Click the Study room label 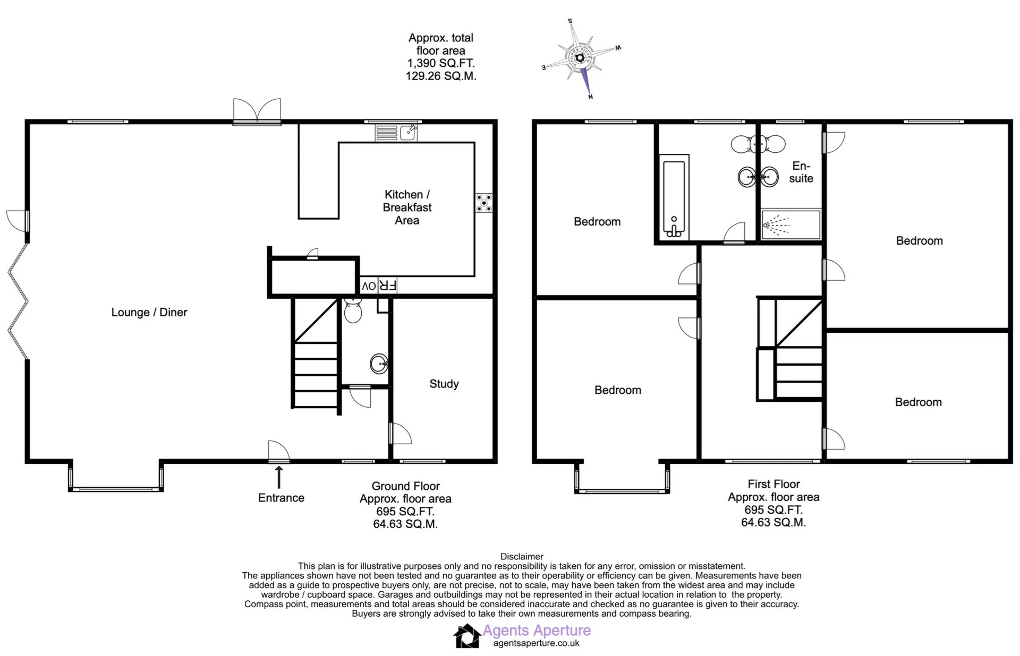point(444,384)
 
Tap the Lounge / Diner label point(149,312)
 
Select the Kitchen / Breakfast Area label point(407,208)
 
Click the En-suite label point(801,172)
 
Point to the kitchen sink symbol point(396,133)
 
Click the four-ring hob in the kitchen point(484,203)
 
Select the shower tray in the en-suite point(791,225)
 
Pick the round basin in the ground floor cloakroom point(379,364)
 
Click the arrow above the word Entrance point(278,477)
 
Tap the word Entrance point(281,498)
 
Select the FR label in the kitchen point(388,286)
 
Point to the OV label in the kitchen point(369,286)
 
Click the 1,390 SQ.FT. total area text point(441,63)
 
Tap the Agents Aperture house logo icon point(467,636)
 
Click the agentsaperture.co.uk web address point(536,643)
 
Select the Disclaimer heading point(522,557)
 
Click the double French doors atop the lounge point(257,112)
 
